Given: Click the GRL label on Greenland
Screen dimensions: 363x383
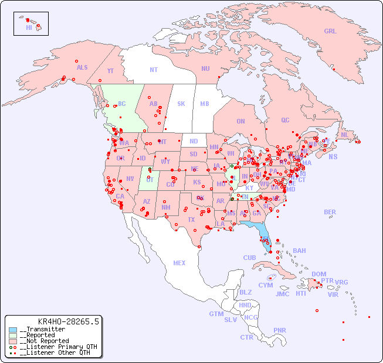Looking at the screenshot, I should point(330,32).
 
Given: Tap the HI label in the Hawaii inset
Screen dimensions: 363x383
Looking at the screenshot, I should point(29,28).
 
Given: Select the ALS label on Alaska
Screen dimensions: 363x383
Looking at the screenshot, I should point(82,67).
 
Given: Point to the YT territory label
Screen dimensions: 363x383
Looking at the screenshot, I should point(110,71).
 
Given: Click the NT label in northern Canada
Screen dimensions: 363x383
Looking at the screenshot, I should point(154,70).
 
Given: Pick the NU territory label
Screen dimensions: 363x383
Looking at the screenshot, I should point(205,69).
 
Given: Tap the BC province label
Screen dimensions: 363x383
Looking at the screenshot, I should point(122,104).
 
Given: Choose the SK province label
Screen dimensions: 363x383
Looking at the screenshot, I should point(181,104).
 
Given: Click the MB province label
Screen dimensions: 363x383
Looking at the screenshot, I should point(205,104).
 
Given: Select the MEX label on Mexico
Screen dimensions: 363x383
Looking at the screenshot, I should point(179,263).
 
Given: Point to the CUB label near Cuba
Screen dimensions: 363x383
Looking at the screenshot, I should point(249,258).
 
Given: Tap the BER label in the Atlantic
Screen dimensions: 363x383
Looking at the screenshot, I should point(330,212).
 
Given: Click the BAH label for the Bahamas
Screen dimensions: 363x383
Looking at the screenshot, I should point(299,251).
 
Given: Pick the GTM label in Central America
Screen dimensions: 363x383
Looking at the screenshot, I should point(216,314).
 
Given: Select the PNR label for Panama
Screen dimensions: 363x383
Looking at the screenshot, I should point(280,330).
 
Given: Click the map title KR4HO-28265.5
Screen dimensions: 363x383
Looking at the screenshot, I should point(68,321).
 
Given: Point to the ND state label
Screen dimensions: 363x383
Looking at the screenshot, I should point(194,141).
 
